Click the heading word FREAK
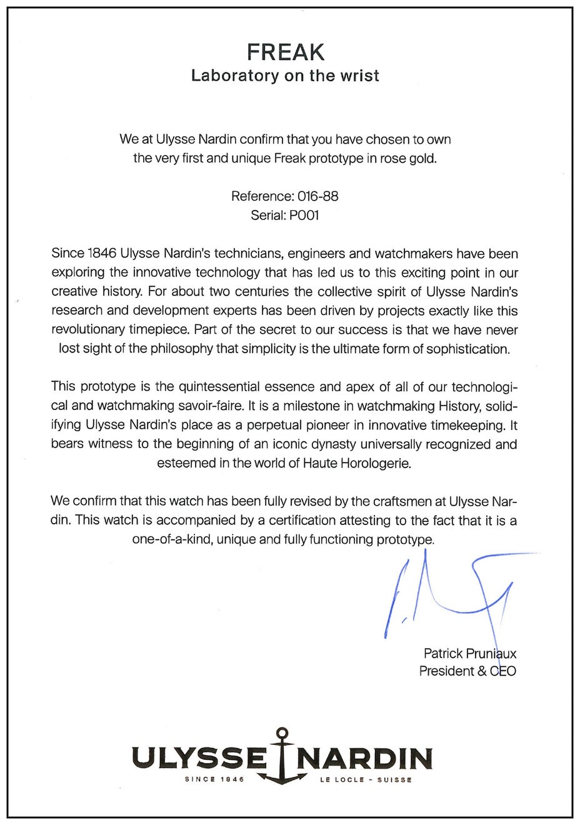click(286, 52)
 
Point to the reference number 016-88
click(317, 196)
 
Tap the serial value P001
click(304, 215)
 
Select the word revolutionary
click(88, 329)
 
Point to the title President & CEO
click(467, 671)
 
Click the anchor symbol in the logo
click(282, 756)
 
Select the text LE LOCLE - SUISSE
click(366, 780)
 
